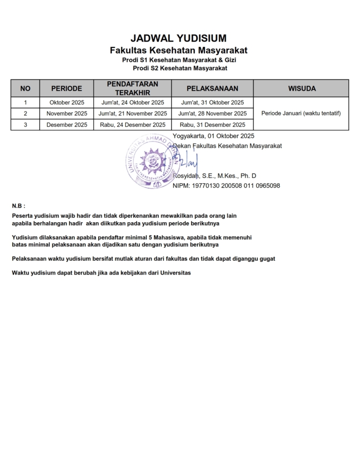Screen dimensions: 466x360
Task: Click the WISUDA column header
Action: (302, 88)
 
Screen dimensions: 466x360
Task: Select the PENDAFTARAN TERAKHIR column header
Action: (133, 88)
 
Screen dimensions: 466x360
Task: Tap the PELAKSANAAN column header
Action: (212, 88)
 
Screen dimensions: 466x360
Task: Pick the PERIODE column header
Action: (66, 88)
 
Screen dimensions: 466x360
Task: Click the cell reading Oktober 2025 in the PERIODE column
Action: (66, 102)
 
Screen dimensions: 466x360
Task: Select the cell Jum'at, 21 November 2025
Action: (133, 114)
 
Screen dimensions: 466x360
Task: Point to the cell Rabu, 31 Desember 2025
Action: (212, 125)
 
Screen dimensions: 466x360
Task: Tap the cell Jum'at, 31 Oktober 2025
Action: (212, 102)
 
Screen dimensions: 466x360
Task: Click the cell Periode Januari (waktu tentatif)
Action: (301, 114)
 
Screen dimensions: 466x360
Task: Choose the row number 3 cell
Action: (25, 125)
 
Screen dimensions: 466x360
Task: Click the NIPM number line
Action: (226, 185)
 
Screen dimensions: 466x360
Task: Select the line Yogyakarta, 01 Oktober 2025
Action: (213, 136)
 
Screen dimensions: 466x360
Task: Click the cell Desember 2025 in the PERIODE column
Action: (66, 125)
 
